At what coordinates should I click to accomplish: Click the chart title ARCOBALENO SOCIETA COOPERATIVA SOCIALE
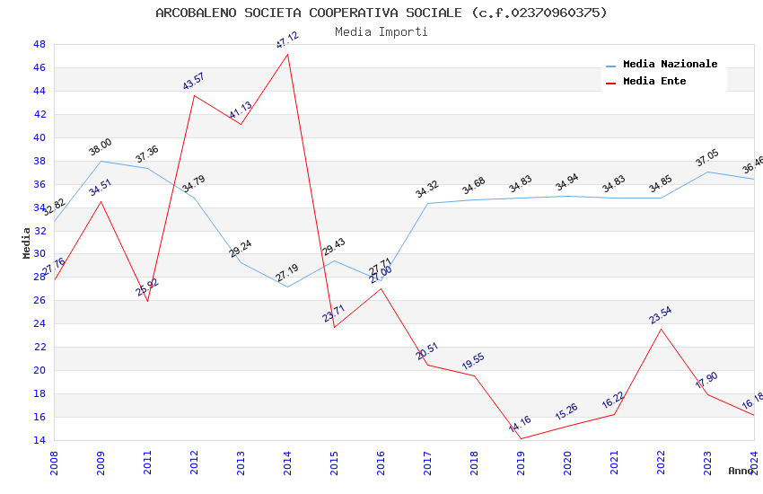tap(381, 13)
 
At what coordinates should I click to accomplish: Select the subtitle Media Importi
tap(381, 31)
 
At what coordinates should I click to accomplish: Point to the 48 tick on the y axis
tap(39, 44)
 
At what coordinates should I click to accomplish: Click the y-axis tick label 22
tap(39, 347)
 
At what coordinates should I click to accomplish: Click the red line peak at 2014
tap(287, 54)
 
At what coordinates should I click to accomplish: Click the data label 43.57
tap(194, 82)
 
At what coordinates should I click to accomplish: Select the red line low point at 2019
tap(521, 438)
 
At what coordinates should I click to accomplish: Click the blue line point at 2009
tap(101, 161)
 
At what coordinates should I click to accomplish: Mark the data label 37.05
tap(707, 159)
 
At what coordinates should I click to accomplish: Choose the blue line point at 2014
tap(287, 287)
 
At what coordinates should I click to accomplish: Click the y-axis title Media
tap(27, 243)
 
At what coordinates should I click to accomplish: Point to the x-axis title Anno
tap(741, 471)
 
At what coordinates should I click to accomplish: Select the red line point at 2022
tap(661, 329)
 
